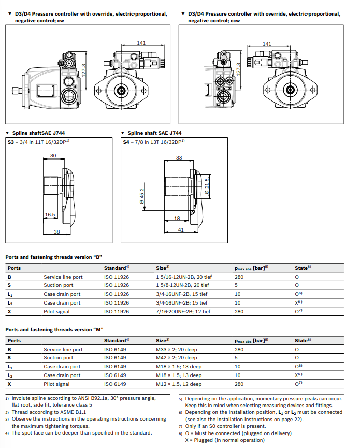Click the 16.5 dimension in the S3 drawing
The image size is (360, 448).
coord(50,214)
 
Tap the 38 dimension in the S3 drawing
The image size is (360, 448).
coord(57,232)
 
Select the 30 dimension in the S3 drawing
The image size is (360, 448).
coord(53,156)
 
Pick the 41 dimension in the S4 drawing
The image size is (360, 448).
coord(180,229)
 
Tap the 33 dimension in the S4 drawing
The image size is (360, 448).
coord(179,157)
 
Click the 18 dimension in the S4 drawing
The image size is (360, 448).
coord(177,219)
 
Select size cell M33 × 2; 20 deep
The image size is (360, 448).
coord(177,350)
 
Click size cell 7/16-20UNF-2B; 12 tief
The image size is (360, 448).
coord(183,311)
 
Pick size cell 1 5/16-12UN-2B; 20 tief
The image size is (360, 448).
coord(184,277)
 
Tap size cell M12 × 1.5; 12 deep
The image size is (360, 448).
coord(179,384)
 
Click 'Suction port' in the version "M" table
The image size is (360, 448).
coord(59,358)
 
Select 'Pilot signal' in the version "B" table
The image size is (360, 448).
coord(56,311)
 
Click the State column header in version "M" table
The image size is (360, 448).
coord(303,340)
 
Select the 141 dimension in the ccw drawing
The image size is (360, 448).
coord(267,44)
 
